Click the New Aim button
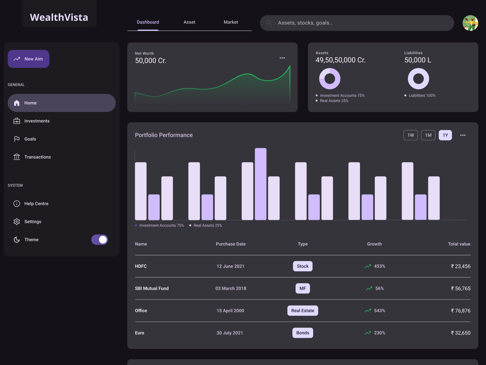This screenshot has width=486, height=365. (29, 59)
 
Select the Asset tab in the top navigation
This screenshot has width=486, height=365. (189, 22)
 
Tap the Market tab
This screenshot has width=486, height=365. (231, 22)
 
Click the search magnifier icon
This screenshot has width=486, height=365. (269, 23)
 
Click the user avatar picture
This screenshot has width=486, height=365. (470, 23)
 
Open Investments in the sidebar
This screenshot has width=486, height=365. (37, 121)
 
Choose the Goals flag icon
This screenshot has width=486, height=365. (17, 139)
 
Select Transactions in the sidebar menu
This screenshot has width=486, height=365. (37, 157)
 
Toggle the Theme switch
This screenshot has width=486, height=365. (100, 240)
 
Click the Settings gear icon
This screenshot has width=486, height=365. (17, 222)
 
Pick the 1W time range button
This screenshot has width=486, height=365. (410, 135)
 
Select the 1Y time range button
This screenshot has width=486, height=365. (445, 135)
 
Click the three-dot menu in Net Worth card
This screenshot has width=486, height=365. (282, 58)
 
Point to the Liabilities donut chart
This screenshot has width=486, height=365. (418, 79)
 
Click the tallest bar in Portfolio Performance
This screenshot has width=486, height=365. (261, 184)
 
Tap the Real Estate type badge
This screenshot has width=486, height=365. (303, 311)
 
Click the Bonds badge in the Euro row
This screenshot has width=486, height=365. (303, 333)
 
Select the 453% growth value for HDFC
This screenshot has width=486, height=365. (379, 266)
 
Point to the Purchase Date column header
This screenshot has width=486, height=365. (231, 244)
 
